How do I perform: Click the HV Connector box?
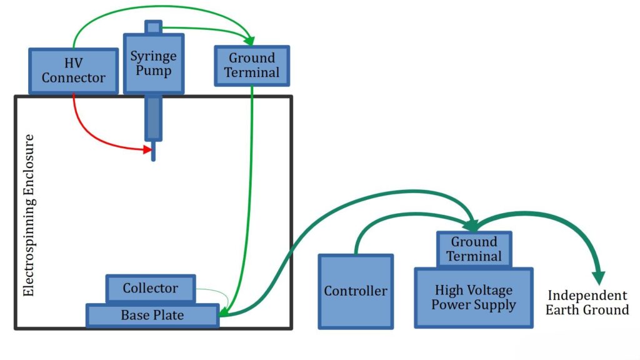tap(73, 71)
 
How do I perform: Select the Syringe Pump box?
tap(153, 63)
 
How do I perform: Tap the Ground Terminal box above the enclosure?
tap(251, 65)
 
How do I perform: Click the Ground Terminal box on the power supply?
tap(475, 249)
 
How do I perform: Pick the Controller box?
tap(356, 291)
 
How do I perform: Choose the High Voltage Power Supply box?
tap(473, 297)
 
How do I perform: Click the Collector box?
tap(150, 288)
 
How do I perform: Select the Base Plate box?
tap(152, 315)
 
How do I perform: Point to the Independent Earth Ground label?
tap(587, 302)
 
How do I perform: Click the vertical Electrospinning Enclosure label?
tap(28, 214)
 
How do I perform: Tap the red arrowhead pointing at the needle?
tap(147, 149)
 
